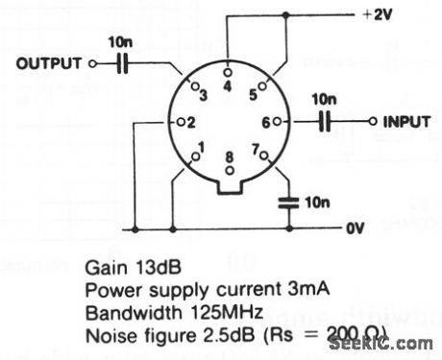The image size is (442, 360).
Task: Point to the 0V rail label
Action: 356,230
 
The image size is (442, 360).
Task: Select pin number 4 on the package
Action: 226,86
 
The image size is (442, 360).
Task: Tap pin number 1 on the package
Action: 199,149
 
